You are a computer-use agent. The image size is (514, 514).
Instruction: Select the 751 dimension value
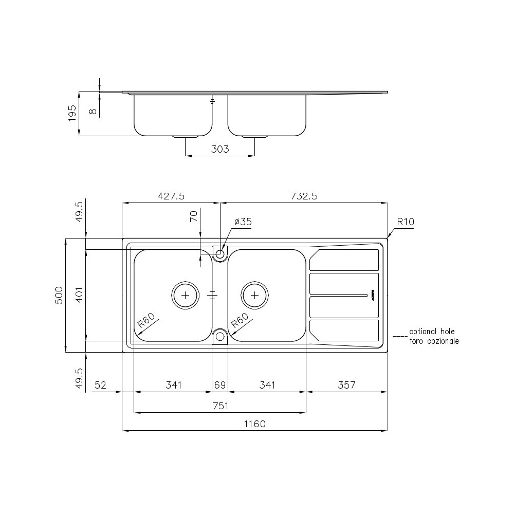[x=220, y=406]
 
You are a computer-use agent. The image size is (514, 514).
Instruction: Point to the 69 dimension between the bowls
[x=220, y=385]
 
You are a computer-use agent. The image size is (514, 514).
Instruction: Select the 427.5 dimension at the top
[x=171, y=196]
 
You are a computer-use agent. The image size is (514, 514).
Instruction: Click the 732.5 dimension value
[x=304, y=196]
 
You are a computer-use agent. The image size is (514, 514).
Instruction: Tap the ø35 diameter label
[x=243, y=222]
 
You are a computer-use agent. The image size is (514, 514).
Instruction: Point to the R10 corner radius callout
[x=406, y=222]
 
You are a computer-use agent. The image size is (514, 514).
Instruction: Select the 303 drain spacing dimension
[x=220, y=149]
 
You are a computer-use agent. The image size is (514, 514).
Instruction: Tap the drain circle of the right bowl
[x=254, y=295]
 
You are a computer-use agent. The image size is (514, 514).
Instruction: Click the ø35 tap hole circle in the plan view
[x=220, y=253]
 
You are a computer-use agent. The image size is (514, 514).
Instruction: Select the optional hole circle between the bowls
[x=220, y=337]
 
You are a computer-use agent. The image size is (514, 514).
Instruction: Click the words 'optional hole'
[x=432, y=332]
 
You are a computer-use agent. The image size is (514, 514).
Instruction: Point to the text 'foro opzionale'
[x=434, y=341]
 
